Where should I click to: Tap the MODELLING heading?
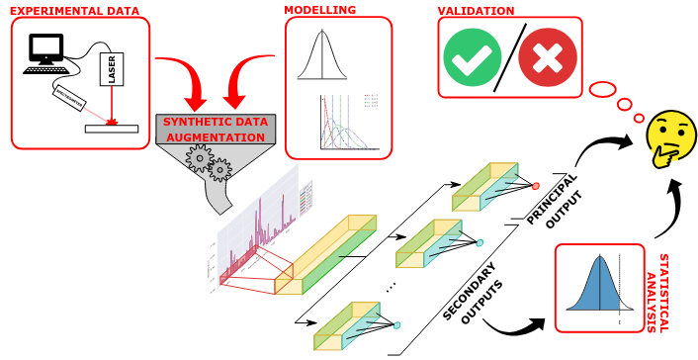click(319, 10)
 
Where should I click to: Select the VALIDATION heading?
click(476, 11)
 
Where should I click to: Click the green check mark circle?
click(473, 56)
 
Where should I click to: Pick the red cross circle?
click(547, 56)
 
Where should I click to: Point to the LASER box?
click(112, 68)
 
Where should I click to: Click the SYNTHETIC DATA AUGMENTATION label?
click(216, 129)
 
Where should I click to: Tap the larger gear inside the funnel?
click(202, 158)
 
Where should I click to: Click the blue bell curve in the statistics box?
click(597, 287)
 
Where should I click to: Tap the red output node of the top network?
click(535, 186)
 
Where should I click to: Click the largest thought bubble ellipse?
click(602, 90)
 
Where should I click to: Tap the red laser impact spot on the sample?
click(112, 123)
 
